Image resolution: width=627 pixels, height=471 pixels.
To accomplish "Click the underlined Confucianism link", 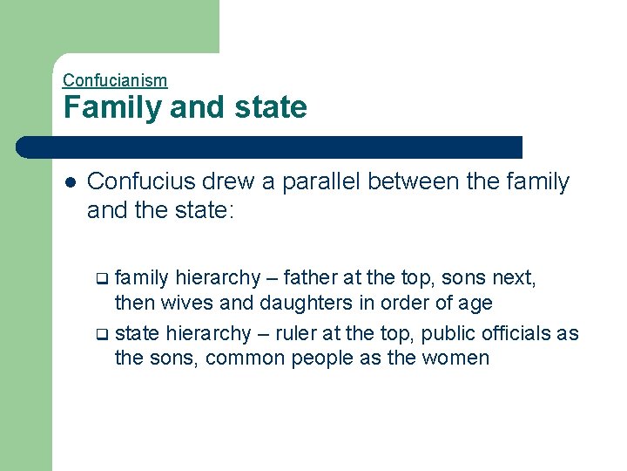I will pos(115,80).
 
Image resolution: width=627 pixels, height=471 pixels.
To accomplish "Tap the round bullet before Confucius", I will pos(70,182).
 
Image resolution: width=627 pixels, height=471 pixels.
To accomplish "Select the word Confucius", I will pos(142,181).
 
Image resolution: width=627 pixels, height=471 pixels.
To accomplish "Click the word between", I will pos(417,181).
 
